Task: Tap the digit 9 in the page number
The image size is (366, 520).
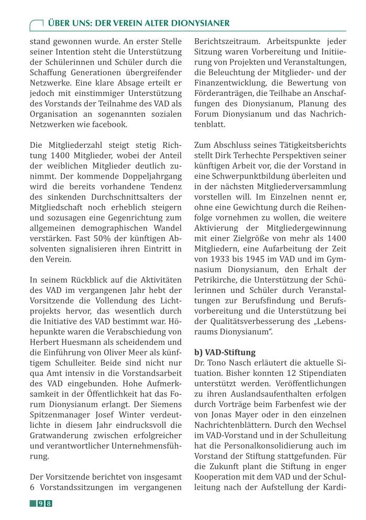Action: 40,504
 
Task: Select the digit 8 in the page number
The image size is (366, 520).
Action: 49,504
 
